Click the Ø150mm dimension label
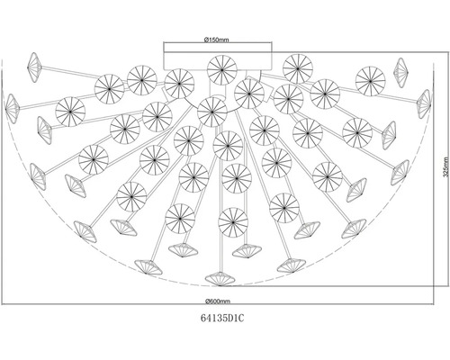pos(216,40)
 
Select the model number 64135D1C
pos(222,318)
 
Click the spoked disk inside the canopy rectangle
pos(222,70)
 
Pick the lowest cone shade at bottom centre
pos(220,279)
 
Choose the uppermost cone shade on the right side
pos(400,73)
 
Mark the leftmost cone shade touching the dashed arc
pos(12,109)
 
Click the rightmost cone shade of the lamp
pos(424,103)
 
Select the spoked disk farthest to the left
pos(70,112)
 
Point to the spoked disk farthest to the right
pos(370,81)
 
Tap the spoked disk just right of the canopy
pos(298,68)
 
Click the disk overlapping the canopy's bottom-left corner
pos(179,84)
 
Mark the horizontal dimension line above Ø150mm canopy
pos(218,43)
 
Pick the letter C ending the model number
pos(241,318)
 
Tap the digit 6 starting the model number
pos(202,318)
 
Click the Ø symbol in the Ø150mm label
pos(206,40)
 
